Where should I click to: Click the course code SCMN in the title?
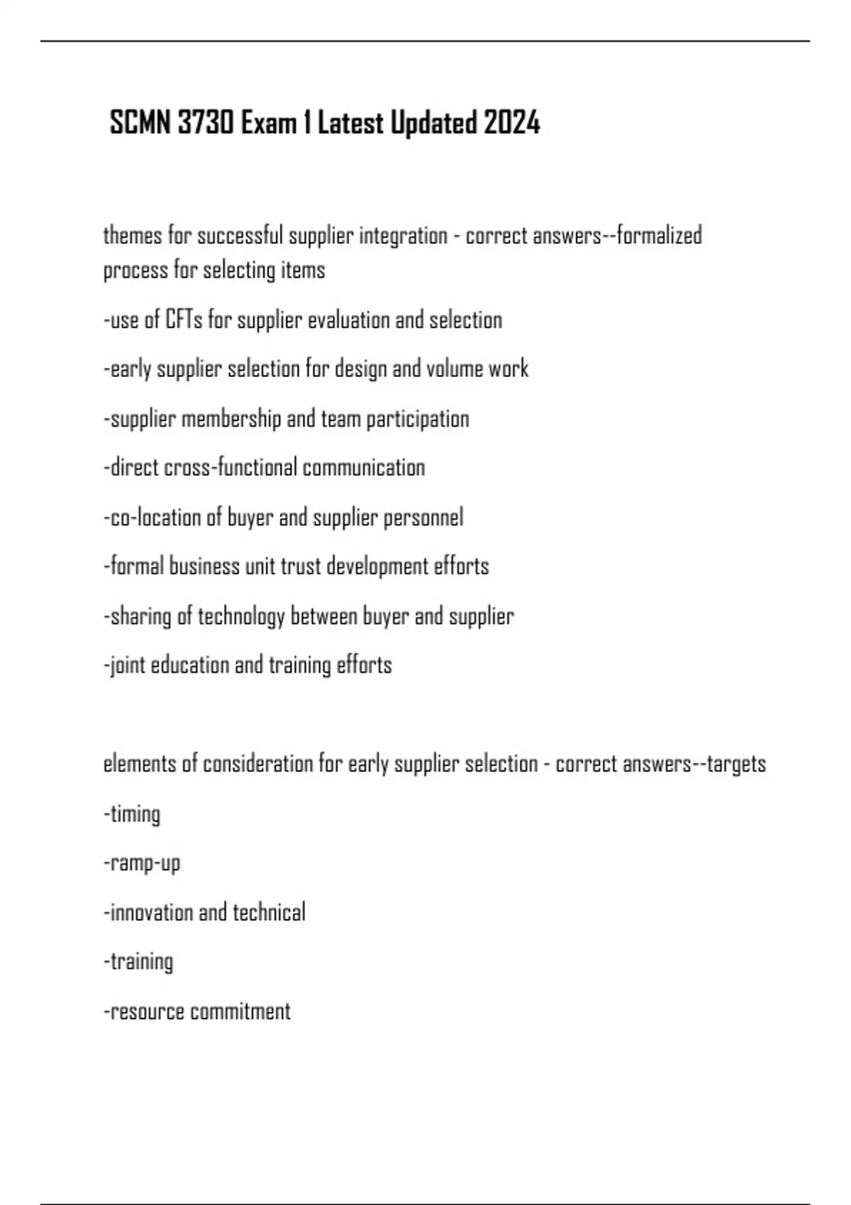pos(140,123)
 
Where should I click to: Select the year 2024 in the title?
pos(512,123)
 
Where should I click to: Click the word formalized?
pos(660,235)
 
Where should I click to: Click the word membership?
pos(231,418)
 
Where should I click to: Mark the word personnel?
pos(423,517)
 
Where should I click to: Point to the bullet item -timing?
pos(133,814)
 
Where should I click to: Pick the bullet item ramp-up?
pos(143,863)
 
